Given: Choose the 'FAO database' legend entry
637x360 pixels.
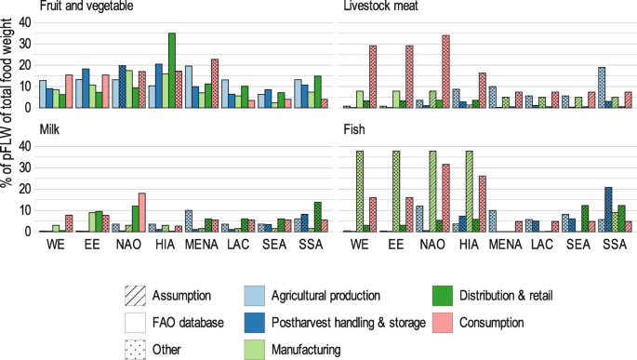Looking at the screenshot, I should [137, 323].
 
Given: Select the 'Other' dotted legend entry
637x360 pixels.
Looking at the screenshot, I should [137, 350].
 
